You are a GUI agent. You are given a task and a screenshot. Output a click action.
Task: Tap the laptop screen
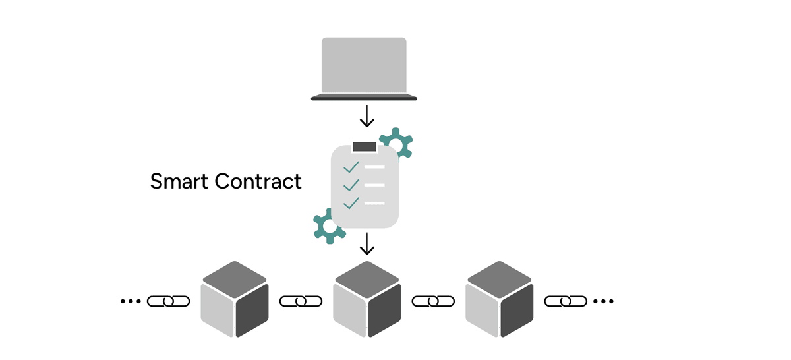tap(364, 65)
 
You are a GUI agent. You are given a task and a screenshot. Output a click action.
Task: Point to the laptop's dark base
tap(364, 98)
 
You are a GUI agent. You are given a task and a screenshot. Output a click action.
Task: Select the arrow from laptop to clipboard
tap(367, 117)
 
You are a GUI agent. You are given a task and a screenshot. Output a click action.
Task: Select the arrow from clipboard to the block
tap(367, 244)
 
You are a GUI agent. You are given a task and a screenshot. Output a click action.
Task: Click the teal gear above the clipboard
tap(397, 141)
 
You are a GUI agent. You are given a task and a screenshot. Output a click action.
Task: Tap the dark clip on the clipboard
tap(364, 146)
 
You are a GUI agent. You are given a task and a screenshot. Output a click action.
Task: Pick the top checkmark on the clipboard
tap(351, 167)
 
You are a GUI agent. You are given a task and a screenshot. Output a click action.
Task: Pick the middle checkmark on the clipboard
tap(351, 185)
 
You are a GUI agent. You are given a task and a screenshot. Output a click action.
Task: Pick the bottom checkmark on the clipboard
tap(351, 202)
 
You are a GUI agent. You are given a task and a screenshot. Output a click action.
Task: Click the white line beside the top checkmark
tap(374, 167)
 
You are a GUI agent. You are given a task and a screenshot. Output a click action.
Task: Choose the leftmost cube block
tap(235, 300)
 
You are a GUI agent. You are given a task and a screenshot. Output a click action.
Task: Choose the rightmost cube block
tap(499, 300)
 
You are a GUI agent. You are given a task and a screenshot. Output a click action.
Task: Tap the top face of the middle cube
tap(367, 277)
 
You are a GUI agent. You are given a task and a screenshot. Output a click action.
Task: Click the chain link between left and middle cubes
tap(301, 301)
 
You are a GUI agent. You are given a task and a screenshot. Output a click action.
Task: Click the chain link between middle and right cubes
tap(433, 301)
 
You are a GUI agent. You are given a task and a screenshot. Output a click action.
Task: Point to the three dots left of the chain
tap(131, 301)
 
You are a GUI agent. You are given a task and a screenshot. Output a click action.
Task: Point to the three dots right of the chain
tap(603, 301)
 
